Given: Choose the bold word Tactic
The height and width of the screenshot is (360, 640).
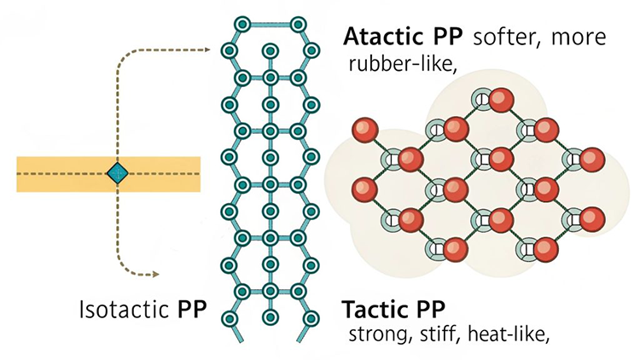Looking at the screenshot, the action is pos(372,307).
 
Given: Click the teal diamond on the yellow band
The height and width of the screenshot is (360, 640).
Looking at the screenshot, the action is pos(117,174).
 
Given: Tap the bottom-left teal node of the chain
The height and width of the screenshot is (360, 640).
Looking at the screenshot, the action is pos(229,318).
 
